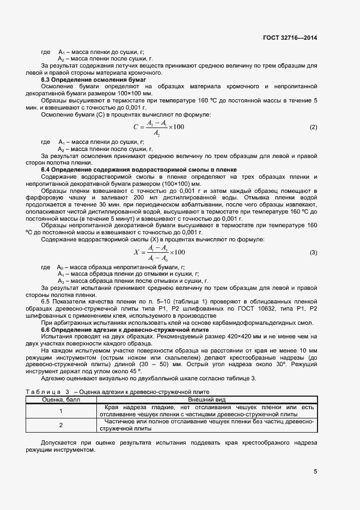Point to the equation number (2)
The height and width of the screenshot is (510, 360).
pyautogui.click(x=313, y=127)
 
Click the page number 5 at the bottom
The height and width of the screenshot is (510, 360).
pyautogui.click(x=315, y=471)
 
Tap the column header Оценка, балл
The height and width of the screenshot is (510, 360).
pyautogui.click(x=61, y=399)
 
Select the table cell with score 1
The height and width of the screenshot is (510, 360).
pyautogui.click(x=61, y=411)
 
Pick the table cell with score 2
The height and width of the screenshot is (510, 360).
pyautogui.click(x=61, y=425)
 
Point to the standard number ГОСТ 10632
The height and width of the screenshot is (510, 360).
pyautogui.click(x=251, y=309)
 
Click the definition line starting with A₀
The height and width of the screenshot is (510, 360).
pyautogui.click(x=120, y=268)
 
